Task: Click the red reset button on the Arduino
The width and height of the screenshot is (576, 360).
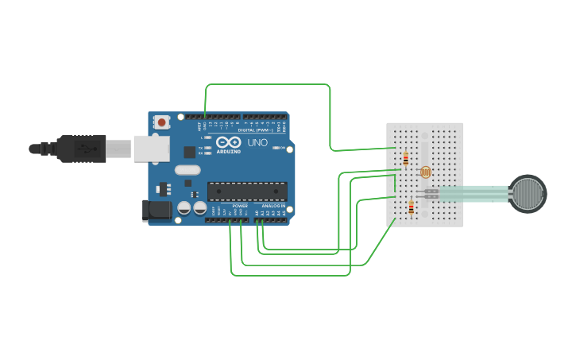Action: click(162, 122)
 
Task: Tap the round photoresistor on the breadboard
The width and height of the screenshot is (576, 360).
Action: click(424, 172)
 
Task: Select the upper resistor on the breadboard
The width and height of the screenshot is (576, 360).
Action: click(405, 159)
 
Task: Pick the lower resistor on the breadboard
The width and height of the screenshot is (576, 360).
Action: click(411, 208)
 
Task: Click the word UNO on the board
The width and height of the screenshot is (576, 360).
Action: click(257, 143)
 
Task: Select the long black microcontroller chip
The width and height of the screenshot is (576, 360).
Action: click(247, 191)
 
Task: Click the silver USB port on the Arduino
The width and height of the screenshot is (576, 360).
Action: click(149, 149)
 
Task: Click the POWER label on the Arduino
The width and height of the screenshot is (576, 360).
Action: click(240, 206)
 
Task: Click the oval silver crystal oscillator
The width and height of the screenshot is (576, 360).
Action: click(187, 169)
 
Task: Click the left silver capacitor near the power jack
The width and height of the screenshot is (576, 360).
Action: click(184, 208)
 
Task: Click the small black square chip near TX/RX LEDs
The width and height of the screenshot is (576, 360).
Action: click(189, 151)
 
